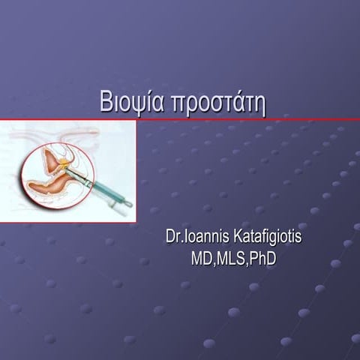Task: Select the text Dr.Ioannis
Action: (192, 238)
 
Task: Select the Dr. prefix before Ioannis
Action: (172, 238)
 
